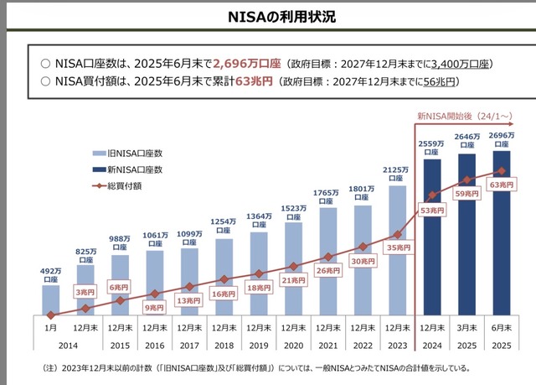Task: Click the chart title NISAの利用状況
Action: coord(268,16)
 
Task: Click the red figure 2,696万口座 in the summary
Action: coord(247,63)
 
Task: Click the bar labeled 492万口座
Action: coord(51,299)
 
